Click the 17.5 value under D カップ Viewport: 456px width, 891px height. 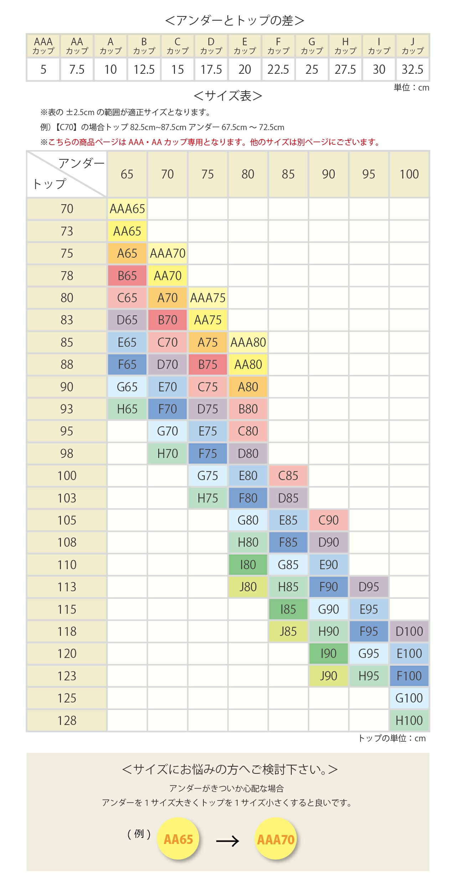point(211,69)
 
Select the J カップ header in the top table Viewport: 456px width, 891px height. point(413,46)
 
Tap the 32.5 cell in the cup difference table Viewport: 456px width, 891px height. point(413,69)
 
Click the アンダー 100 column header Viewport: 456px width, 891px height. point(409,174)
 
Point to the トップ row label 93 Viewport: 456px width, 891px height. point(67,409)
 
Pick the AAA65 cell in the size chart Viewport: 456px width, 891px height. point(127,209)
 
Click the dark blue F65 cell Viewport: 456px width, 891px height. point(127,365)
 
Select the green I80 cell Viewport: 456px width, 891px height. point(248,565)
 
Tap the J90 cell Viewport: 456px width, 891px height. point(328,676)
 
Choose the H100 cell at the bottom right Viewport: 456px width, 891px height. point(409,721)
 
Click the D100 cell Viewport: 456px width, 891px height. point(409,632)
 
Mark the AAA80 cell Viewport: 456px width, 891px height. point(248,343)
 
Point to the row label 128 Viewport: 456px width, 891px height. point(67,721)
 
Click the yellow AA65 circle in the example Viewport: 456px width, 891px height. point(178,839)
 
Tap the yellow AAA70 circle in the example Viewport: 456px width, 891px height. point(276,839)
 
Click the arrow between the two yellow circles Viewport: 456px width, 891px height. point(227,841)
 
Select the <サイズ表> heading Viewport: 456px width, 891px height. point(228,96)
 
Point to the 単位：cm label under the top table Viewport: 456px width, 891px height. point(411,88)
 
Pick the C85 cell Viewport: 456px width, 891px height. point(288,476)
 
